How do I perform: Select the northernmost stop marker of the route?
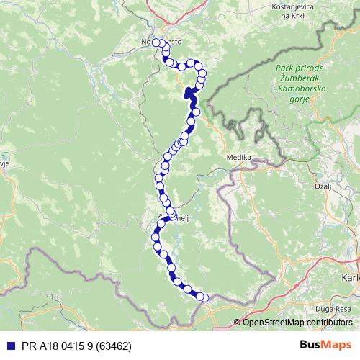tap(156, 42)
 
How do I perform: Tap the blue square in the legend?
tap(8, 346)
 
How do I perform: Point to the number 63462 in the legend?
tap(114, 346)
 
